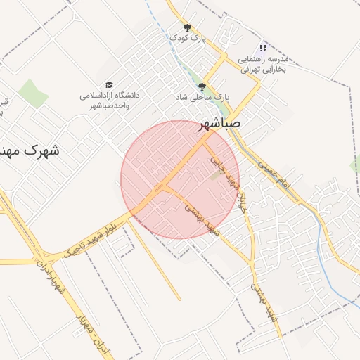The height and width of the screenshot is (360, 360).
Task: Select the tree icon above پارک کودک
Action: [x=187, y=27]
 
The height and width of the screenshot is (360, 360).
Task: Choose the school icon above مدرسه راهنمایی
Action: [x=263, y=47]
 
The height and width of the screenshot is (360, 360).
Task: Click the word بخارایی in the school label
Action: [x=269, y=70]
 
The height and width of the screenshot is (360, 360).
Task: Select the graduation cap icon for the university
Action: [x=109, y=84]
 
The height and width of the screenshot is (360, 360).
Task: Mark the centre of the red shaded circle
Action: [x=179, y=179]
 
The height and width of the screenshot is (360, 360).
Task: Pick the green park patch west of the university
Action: [x=32, y=93]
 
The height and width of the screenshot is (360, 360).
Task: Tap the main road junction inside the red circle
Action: [x=165, y=188]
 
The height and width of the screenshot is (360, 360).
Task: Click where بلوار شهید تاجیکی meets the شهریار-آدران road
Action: [x=44, y=257]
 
